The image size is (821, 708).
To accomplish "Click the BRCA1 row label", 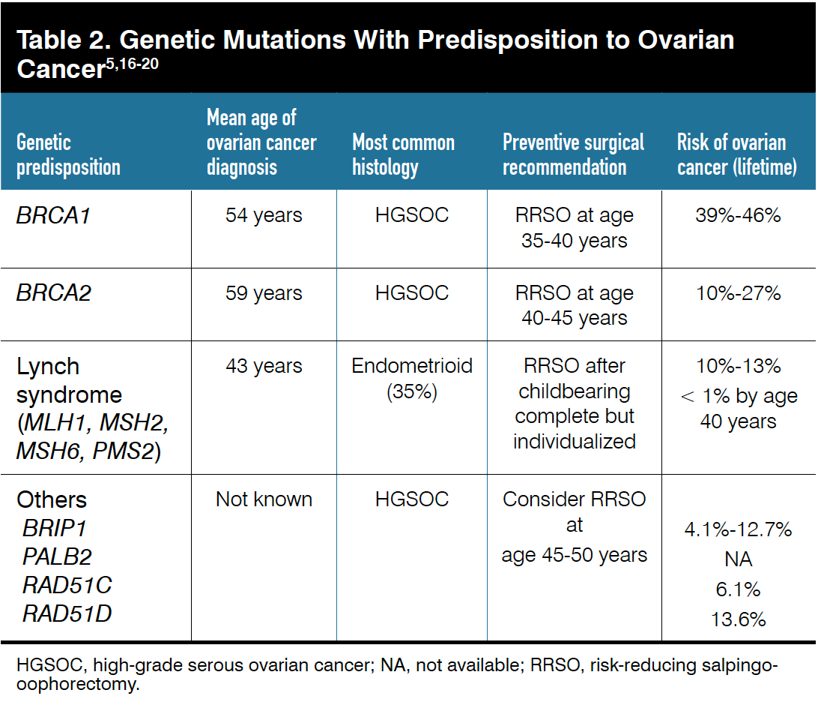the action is click(53, 215).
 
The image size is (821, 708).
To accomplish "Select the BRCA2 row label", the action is click(54, 293).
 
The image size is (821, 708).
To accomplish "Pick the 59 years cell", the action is click(264, 293).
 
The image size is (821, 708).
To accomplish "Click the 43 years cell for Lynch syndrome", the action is click(264, 366).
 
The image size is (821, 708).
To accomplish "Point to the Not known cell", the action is click(264, 499).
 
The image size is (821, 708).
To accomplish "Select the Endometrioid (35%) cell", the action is click(412, 378).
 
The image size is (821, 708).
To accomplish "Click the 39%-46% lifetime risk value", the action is click(739, 215).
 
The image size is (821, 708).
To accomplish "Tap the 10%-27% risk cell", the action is click(739, 293).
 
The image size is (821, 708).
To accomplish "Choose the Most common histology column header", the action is click(404, 155).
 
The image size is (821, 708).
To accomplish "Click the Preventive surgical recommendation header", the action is click(573, 155).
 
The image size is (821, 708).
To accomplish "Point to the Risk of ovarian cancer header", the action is click(737, 155).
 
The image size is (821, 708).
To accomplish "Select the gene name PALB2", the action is click(57, 557).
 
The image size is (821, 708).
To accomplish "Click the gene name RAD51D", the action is click(67, 613).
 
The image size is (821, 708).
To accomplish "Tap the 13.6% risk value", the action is click(739, 620).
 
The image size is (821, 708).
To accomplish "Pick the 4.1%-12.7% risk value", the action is click(739, 529).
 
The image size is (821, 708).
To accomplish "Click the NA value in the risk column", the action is click(739, 559).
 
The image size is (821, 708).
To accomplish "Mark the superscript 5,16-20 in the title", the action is click(133, 64).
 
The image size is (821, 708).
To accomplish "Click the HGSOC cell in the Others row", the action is click(412, 499).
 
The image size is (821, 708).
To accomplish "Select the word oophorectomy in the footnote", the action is click(77, 685).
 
